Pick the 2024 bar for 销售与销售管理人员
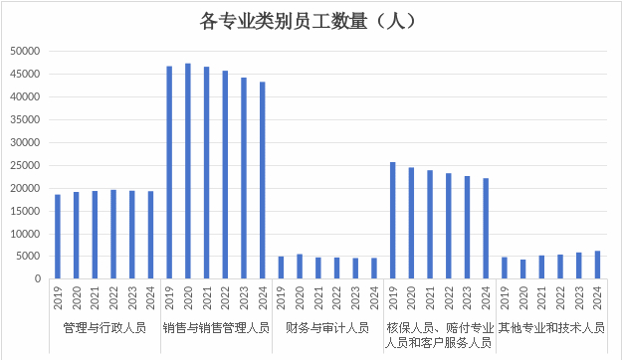[x=263, y=180]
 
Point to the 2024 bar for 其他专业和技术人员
[x=598, y=265]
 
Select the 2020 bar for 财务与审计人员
[x=300, y=267]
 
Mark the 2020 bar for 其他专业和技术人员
[x=523, y=269]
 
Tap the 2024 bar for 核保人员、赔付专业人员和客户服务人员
[x=487, y=229]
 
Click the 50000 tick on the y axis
[x=24, y=51]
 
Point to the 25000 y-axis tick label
[x=24, y=165]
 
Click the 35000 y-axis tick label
[x=24, y=119]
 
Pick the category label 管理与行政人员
[x=104, y=327]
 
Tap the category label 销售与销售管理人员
[x=216, y=327]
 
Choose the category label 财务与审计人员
[x=327, y=327]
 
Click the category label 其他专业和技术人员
[x=551, y=327]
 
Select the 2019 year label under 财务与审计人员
[x=282, y=296]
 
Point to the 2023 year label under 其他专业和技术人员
[x=579, y=296]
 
